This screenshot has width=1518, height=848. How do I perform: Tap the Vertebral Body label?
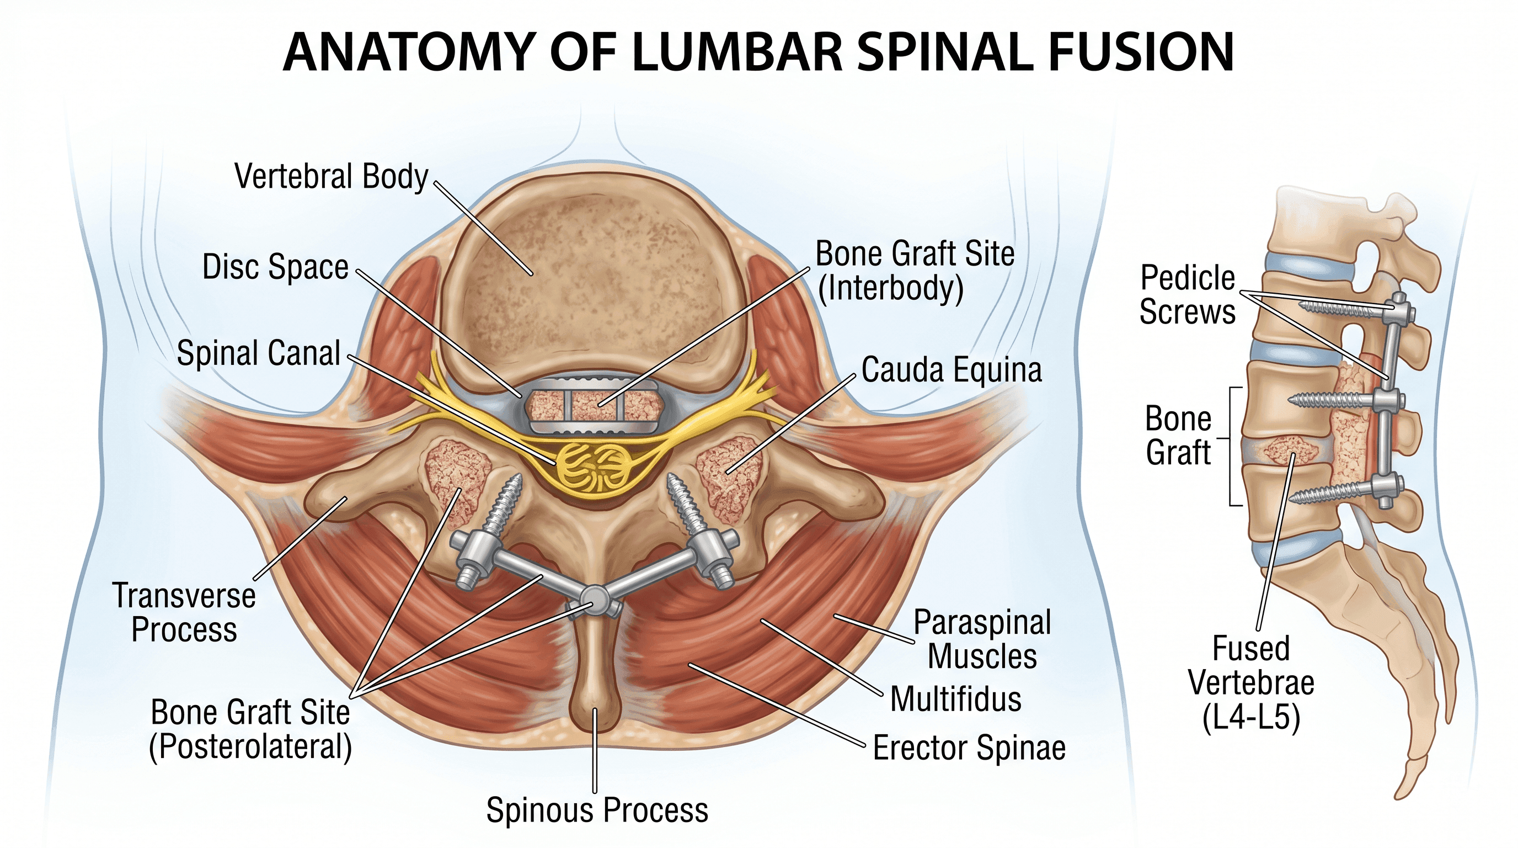pyautogui.click(x=331, y=176)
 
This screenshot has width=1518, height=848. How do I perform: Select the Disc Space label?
pyautogui.click(x=275, y=267)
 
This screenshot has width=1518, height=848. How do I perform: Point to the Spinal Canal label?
pyautogui.click(x=259, y=353)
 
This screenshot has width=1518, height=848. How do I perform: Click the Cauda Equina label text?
pyautogui.click(x=952, y=370)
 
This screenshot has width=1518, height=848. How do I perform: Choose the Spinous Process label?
pyautogui.click(x=597, y=810)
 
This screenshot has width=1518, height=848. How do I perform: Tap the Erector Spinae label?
pyautogui.click(x=969, y=748)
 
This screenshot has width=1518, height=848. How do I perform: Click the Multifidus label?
pyautogui.click(x=956, y=699)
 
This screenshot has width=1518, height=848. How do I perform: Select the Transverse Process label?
pyautogui.click(x=184, y=612)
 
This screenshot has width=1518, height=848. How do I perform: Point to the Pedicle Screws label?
pyautogui.click(x=1188, y=294)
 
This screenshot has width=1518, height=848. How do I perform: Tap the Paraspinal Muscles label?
pyautogui.click(x=982, y=639)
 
